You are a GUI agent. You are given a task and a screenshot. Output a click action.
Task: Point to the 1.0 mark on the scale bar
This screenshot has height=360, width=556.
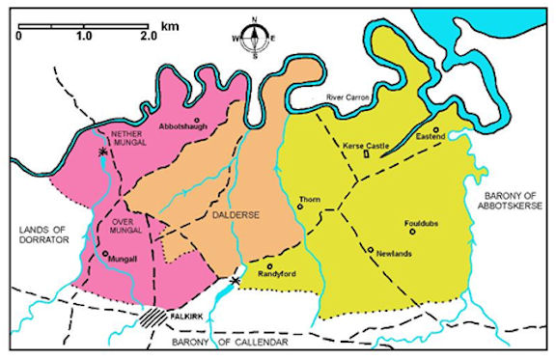(x=82, y=35)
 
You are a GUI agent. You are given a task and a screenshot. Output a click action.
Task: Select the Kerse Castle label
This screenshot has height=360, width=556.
(x=366, y=146)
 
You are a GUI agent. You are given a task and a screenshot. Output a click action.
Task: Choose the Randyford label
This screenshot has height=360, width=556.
(x=274, y=274)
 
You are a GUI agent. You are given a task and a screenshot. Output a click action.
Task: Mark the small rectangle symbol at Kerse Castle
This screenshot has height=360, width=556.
(x=366, y=155)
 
